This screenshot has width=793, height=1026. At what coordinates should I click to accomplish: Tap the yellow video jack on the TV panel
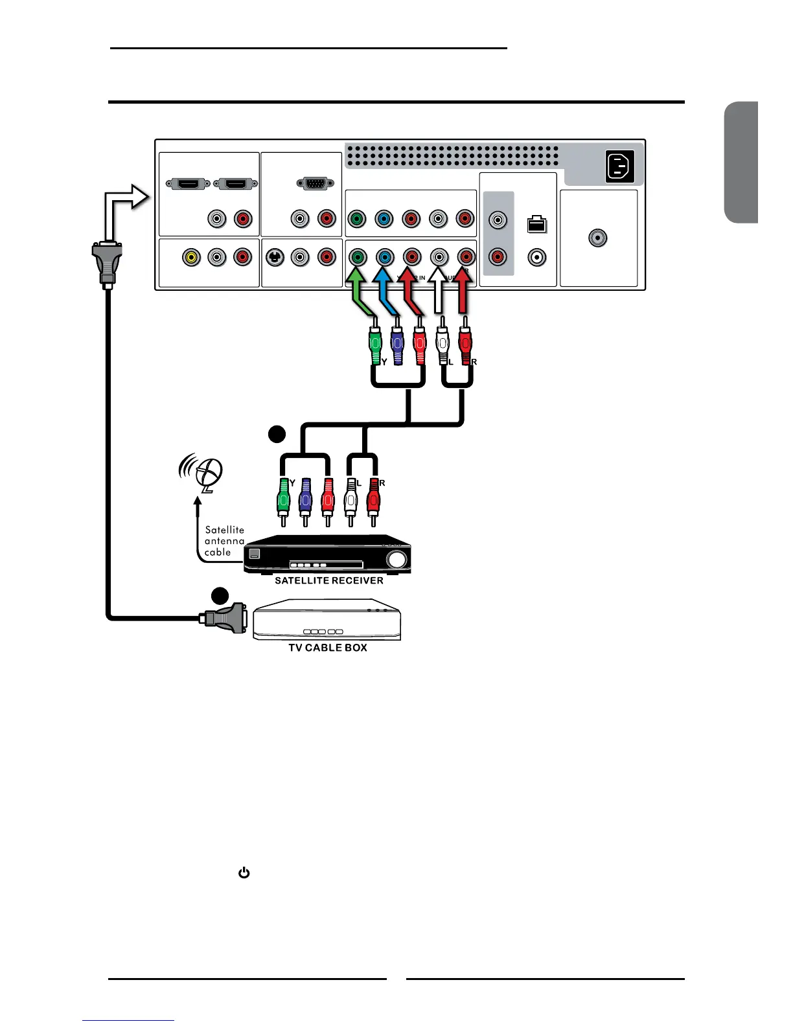(190, 257)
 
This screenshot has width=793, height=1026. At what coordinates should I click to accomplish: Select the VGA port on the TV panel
(315, 184)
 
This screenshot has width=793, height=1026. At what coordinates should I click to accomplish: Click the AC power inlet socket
(619, 167)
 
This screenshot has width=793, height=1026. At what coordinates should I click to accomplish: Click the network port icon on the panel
(536, 224)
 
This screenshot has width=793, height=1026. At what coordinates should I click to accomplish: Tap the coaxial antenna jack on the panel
(597, 238)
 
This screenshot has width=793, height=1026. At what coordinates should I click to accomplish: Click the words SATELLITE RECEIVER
(329, 580)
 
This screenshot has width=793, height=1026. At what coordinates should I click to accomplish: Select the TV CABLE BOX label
(328, 648)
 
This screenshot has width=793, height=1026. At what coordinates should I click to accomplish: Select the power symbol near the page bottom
(244, 873)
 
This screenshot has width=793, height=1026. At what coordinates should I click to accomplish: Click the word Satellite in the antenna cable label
(225, 530)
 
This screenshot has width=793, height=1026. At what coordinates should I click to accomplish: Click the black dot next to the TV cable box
(221, 595)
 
